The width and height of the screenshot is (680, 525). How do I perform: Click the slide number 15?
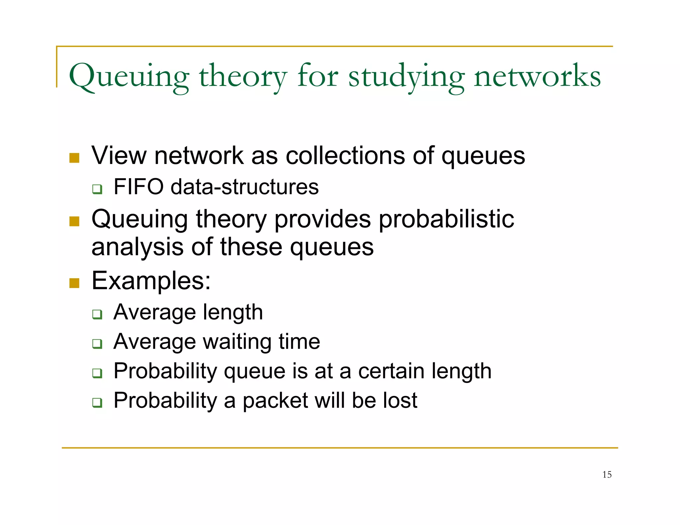[x=607, y=475]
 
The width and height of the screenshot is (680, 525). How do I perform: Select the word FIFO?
[x=138, y=187]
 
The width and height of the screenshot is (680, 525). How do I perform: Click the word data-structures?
[x=244, y=187]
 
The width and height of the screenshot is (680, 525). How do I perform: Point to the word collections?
[x=345, y=155]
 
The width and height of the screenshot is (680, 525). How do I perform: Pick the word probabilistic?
[x=446, y=219]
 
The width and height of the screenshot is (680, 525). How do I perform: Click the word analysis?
[x=137, y=247]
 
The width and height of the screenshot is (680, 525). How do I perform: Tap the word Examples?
[x=151, y=281]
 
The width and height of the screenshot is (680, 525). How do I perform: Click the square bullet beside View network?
[x=74, y=158]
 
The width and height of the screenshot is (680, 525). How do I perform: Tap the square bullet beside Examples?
[x=74, y=283]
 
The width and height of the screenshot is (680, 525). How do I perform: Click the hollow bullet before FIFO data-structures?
[x=97, y=189]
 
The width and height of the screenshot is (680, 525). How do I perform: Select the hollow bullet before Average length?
[x=97, y=314]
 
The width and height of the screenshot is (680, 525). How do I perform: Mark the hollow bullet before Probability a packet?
[x=97, y=403]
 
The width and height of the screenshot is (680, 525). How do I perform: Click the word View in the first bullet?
[x=119, y=155]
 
